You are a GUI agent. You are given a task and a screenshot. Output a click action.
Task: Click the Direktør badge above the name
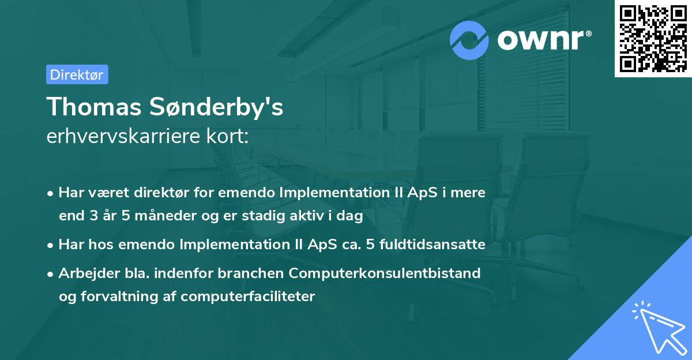(x=77, y=74)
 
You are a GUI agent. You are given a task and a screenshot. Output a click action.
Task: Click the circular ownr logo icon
(x=469, y=40)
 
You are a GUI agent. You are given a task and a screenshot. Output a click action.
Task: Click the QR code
(x=653, y=38)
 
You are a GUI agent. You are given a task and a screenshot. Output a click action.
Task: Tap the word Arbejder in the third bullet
(x=85, y=273)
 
